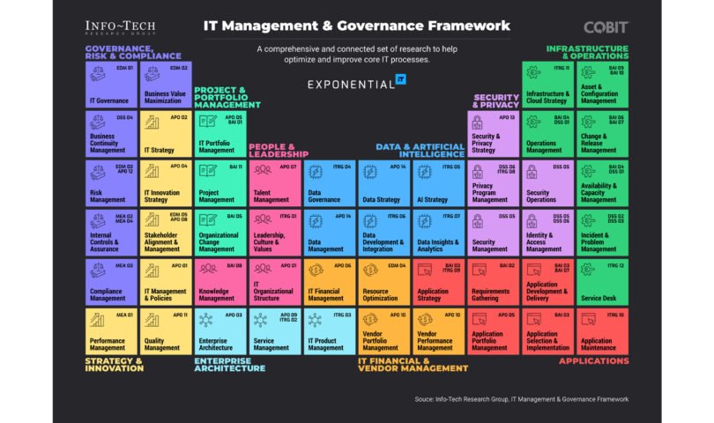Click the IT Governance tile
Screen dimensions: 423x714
[x=110, y=85]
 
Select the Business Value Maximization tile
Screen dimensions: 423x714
[x=165, y=85]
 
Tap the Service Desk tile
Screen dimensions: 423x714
[x=603, y=282]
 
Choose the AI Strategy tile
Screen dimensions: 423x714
[x=439, y=183]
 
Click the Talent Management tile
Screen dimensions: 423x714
[x=274, y=183]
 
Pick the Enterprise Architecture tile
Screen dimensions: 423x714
[x=219, y=331]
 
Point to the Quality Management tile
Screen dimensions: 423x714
[x=165, y=331]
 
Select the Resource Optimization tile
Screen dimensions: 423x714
[x=383, y=282]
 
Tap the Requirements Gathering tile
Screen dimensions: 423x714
[x=494, y=282]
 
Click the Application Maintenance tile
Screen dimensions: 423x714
[x=603, y=331]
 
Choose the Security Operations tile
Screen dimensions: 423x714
[x=548, y=183]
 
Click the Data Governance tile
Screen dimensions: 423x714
[x=329, y=183]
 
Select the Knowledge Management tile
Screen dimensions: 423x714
[x=219, y=282]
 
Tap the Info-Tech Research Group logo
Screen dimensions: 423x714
[x=122, y=28]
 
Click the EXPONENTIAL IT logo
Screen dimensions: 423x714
[x=356, y=84]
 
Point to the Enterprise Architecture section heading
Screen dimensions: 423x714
[x=229, y=364]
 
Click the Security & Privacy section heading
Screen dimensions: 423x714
[x=496, y=101]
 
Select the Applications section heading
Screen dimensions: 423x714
[x=593, y=360]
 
